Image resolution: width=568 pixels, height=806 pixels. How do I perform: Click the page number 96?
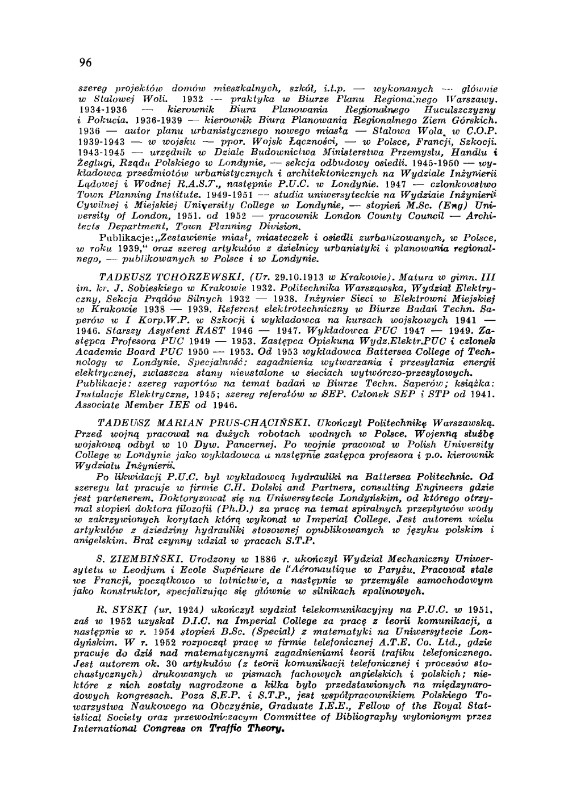pos(86,63)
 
